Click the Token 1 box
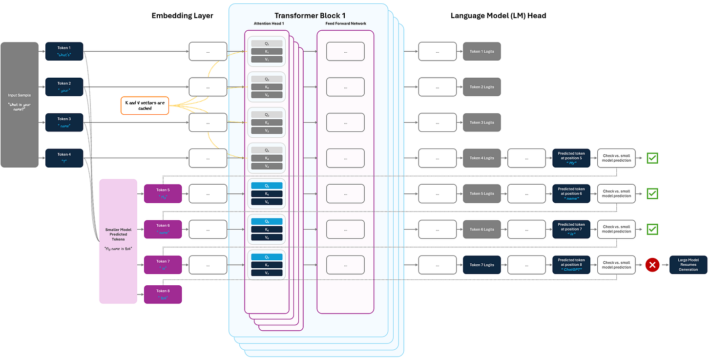pos(64,51)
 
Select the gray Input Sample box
pos(20,105)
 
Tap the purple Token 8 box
pos(163,294)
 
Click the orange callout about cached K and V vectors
pos(145,105)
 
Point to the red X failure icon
pos(652,265)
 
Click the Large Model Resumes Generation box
pos(688,265)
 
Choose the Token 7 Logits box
pos(481,265)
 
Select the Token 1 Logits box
pos(481,51)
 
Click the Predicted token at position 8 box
pos(571,265)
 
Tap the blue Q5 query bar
pos(267,186)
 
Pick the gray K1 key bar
pos(267,51)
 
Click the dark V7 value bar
pos(267,273)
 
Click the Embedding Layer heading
pos(182,16)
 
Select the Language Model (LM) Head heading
pos(498,16)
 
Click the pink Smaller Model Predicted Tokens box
pos(118,241)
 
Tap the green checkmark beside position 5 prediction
pos(652,158)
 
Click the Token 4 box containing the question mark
pos(64,158)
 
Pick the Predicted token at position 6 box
pos(571,193)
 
